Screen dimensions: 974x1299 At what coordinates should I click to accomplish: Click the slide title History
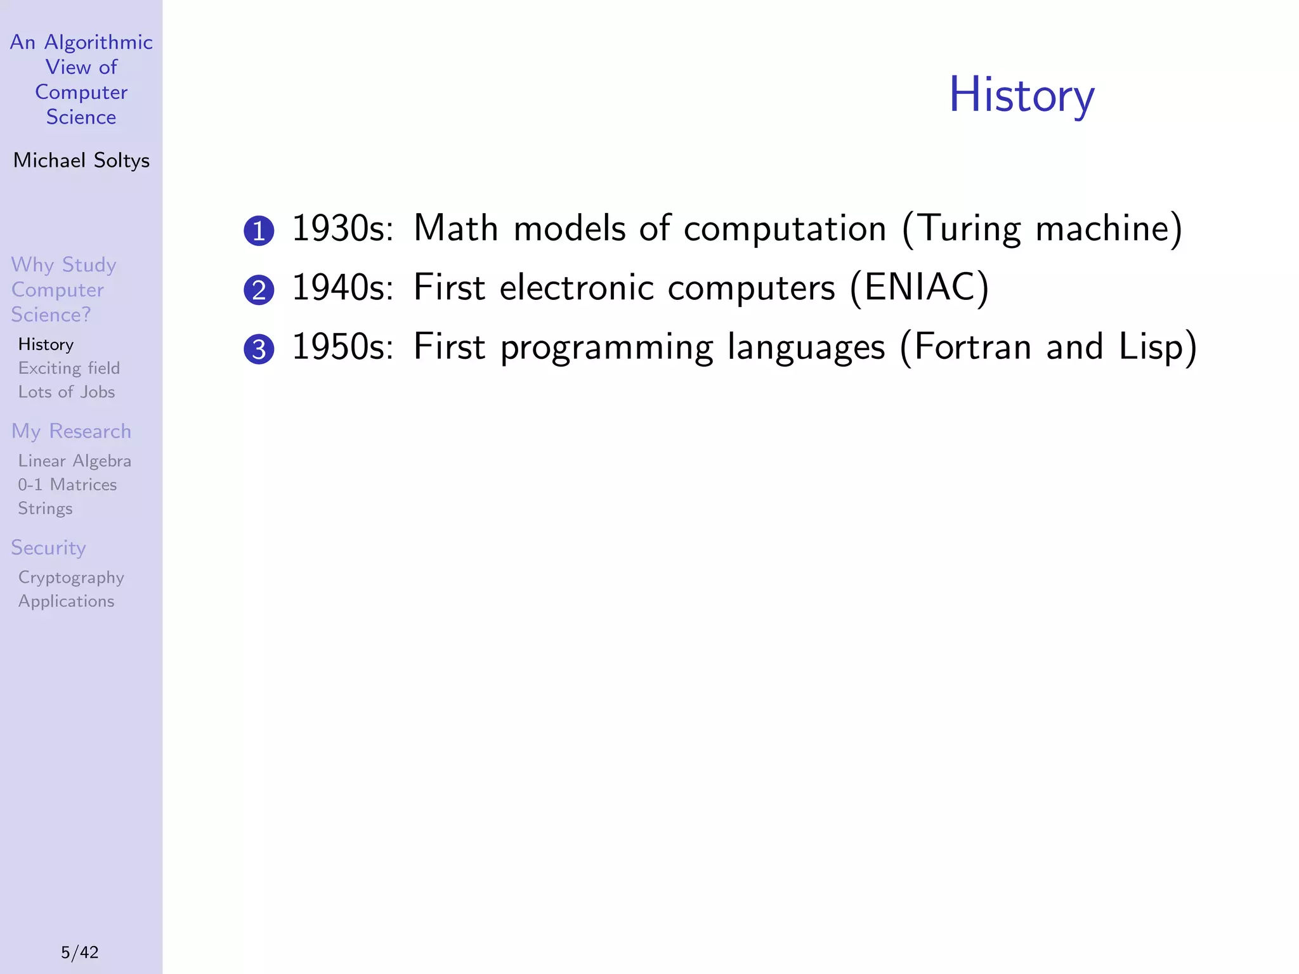click(x=1021, y=95)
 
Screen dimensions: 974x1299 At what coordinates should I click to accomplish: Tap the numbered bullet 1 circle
click(x=259, y=231)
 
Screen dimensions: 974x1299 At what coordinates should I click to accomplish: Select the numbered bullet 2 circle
click(x=259, y=290)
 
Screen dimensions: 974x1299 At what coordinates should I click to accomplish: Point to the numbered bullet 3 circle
click(x=259, y=349)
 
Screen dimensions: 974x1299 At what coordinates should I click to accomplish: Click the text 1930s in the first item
click(x=343, y=228)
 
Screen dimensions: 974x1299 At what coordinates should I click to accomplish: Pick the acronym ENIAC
click(x=920, y=287)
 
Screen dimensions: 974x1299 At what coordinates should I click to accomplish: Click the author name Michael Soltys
click(x=81, y=160)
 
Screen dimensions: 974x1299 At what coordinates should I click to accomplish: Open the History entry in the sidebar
click(x=46, y=344)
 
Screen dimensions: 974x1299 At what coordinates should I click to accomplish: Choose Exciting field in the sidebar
click(x=69, y=368)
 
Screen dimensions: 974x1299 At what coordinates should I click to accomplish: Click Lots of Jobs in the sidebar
click(x=66, y=392)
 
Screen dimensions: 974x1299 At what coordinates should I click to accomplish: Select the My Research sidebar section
click(x=71, y=431)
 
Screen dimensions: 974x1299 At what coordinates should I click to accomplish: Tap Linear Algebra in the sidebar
click(x=74, y=461)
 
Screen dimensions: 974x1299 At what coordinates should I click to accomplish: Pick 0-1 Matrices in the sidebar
click(x=67, y=485)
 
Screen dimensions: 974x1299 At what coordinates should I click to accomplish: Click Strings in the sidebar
click(x=45, y=509)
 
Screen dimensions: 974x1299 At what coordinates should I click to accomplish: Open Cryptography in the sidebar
click(x=71, y=578)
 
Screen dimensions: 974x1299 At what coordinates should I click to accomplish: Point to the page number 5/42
click(x=80, y=952)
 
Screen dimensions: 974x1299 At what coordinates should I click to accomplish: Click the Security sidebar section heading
click(x=48, y=548)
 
